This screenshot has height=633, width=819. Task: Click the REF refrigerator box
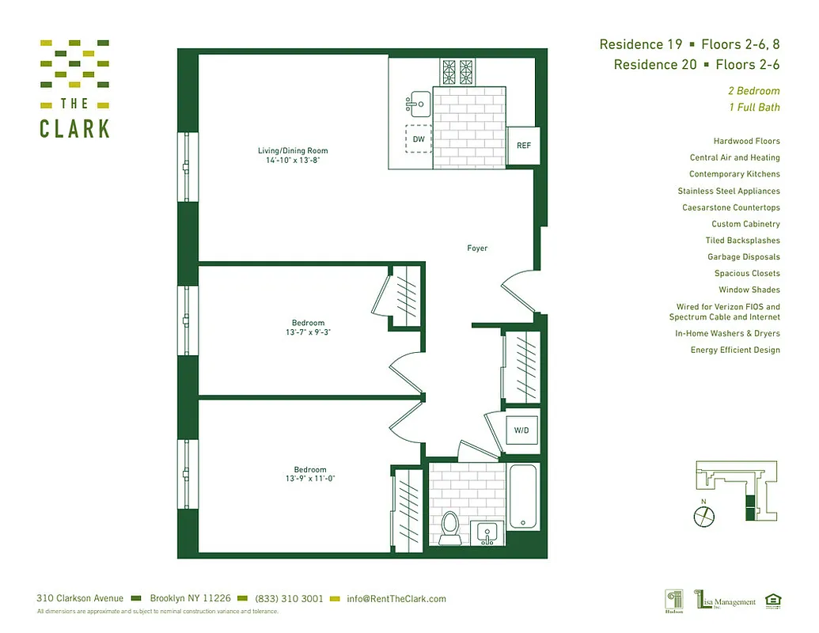click(x=523, y=146)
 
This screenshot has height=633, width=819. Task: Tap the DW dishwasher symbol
click(x=419, y=140)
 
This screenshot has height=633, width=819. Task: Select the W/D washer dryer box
click(x=521, y=431)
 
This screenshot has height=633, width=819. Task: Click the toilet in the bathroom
click(x=450, y=525)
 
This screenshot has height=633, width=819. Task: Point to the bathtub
click(x=523, y=497)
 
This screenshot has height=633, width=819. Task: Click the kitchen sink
click(x=419, y=103)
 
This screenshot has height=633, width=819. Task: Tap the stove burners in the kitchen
click(x=457, y=72)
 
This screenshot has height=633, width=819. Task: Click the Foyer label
click(x=477, y=248)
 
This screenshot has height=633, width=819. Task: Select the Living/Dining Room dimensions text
click(x=293, y=161)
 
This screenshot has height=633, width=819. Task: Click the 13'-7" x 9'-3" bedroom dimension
click(x=308, y=332)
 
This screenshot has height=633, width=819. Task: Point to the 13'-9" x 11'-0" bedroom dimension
click(x=308, y=479)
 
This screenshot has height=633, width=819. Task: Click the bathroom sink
click(x=485, y=533)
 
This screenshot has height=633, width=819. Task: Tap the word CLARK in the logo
click(x=74, y=129)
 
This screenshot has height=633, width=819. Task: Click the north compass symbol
click(x=703, y=517)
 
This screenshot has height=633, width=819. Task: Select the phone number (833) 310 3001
click(x=289, y=599)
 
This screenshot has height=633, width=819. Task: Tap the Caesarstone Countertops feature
click(x=730, y=207)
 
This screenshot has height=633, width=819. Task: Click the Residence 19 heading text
click(x=640, y=44)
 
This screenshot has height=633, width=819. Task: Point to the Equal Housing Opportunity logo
click(x=772, y=601)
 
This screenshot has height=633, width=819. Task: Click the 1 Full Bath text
click(x=754, y=108)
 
